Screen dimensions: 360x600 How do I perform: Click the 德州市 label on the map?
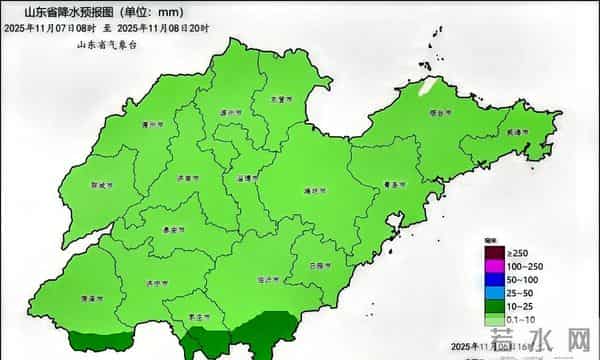coord(152,125)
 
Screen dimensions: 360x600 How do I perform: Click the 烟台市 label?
coord(440,114)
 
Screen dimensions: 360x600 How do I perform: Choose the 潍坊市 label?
coord(313,189)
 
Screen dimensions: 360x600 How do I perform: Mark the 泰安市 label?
coord(172,229)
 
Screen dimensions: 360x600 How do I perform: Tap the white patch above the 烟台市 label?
coord(426,87)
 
